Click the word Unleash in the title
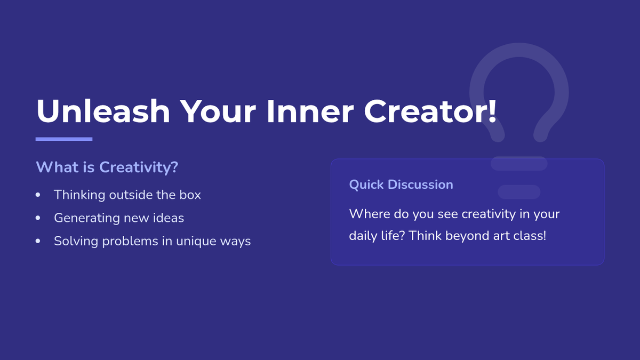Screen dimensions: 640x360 (103, 111)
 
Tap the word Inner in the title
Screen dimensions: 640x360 (310, 111)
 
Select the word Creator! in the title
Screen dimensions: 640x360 (430, 111)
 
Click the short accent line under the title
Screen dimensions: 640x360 (64, 139)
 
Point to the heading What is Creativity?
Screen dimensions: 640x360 (107, 167)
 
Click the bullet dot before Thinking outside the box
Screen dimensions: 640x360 (38, 195)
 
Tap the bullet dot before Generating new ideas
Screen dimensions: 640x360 (38, 218)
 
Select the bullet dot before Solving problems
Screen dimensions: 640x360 (38, 241)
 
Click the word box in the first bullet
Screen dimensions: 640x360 (190, 195)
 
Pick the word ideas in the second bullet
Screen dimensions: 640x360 (169, 218)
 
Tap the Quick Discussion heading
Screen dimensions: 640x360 (401, 185)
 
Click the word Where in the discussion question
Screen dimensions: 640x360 (370, 214)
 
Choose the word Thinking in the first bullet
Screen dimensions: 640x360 (79, 195)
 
